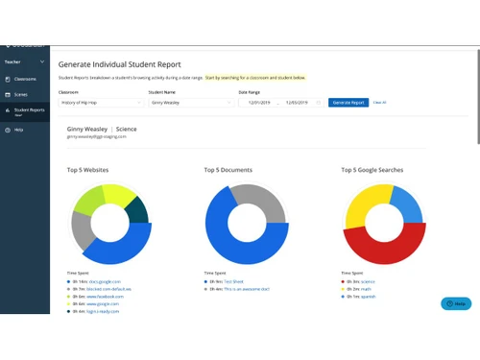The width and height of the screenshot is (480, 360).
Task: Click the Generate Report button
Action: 347,102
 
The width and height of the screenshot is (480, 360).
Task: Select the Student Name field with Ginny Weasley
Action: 187,102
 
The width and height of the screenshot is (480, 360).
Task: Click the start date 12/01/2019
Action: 260,102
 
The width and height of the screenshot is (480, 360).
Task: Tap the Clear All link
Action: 379,102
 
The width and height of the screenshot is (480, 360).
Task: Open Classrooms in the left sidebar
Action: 25,79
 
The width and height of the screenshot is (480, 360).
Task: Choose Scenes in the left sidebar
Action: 21,95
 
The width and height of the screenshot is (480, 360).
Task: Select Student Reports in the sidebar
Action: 29,110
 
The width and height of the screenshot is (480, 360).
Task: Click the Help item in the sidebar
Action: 18,130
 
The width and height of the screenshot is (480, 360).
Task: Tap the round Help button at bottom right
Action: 456,303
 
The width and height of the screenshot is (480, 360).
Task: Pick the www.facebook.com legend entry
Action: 106,297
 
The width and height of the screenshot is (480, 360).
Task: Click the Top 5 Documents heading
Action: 228,170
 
